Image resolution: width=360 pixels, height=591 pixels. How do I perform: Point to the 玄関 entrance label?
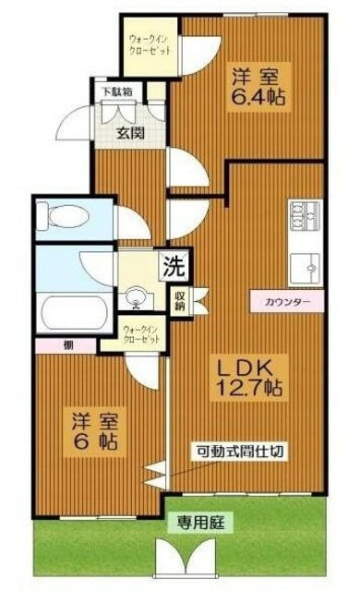coord(130,133)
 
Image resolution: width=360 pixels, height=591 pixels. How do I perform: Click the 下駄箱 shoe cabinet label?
coord(117,92)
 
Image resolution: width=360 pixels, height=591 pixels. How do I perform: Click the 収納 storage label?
coord(179,300)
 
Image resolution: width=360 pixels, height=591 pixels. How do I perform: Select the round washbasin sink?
coord(138,298)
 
